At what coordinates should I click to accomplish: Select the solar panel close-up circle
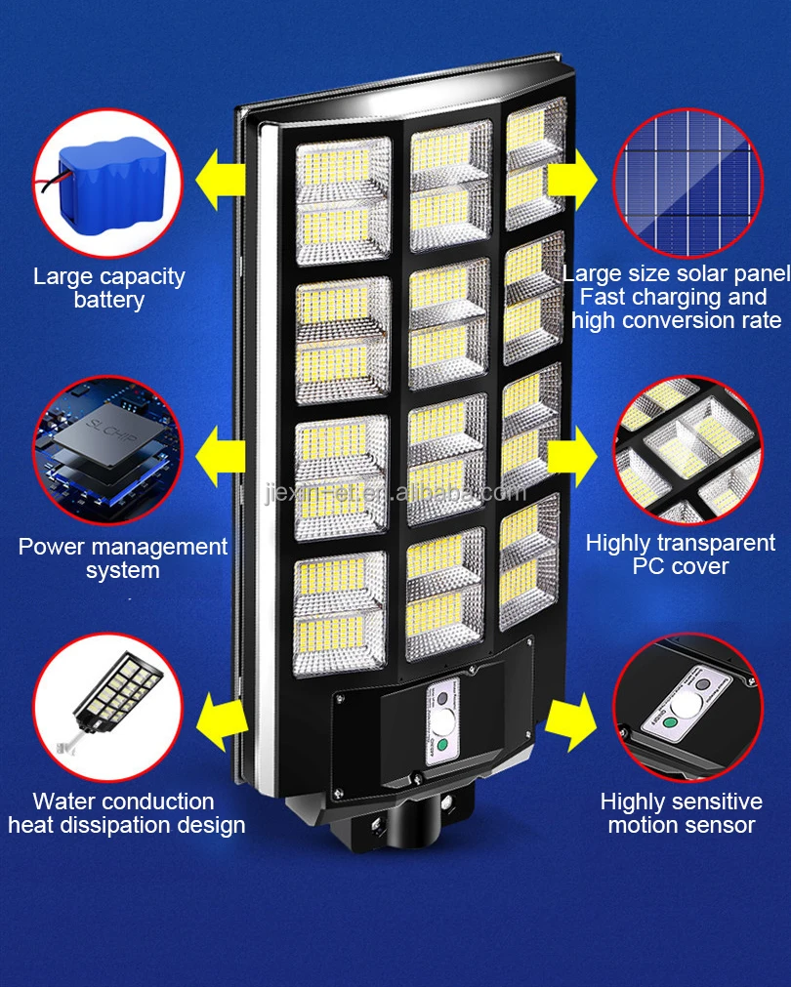687,184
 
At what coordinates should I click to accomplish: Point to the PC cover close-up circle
687,449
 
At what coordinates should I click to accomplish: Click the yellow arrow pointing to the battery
222,180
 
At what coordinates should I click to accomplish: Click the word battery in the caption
108,300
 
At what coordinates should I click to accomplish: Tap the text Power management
123,547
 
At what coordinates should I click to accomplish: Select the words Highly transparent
681,543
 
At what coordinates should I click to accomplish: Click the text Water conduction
123,802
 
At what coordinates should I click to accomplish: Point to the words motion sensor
682,826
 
